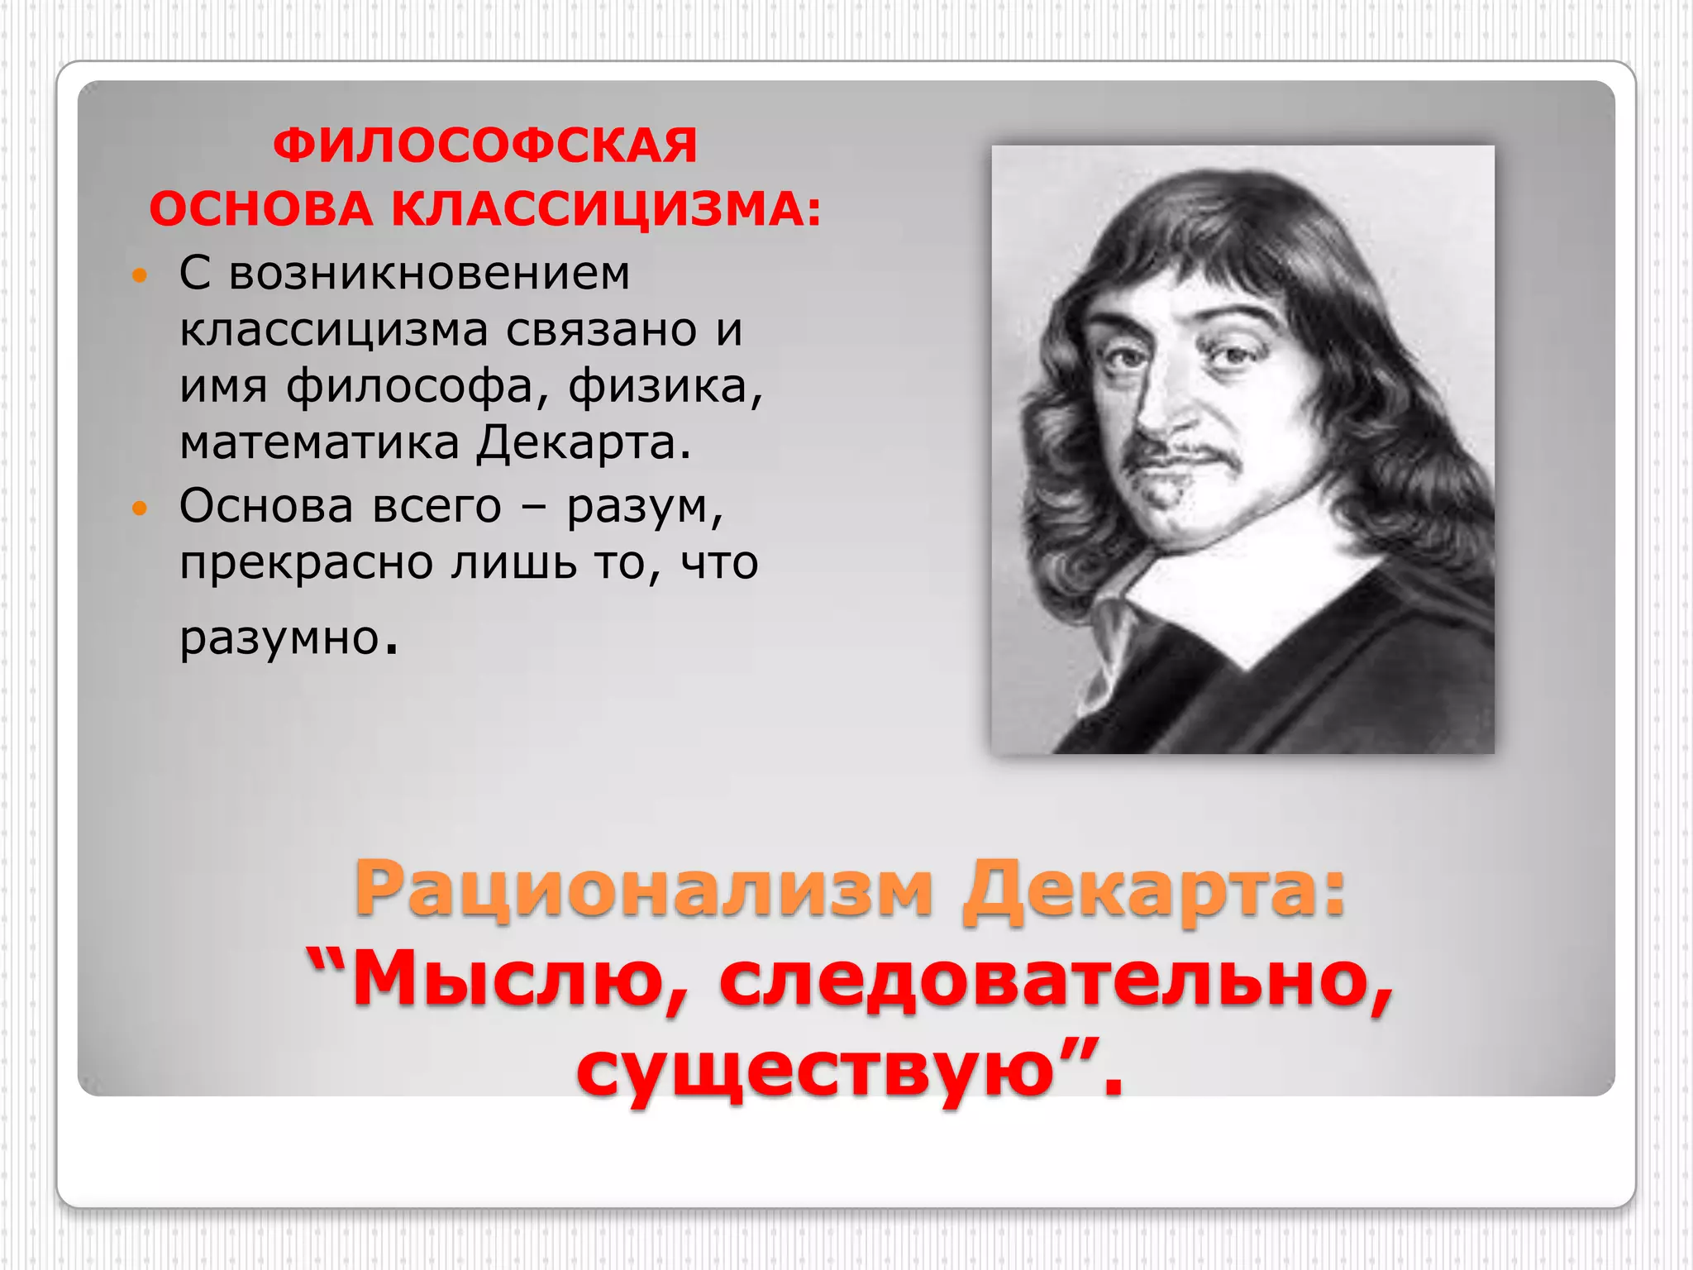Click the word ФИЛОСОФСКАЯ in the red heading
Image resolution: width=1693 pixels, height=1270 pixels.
[x=485, y=146]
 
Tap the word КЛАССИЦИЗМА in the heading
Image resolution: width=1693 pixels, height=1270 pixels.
[x=606, y=208]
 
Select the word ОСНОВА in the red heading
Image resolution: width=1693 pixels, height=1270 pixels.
[x=261, y=208]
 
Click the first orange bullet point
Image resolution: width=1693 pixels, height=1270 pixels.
[x=140, y=275]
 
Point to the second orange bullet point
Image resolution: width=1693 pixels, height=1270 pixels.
[x=140, y=508]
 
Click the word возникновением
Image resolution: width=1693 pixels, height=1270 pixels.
[x=429, y=273]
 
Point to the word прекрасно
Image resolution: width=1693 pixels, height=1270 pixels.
[x=307, y=563]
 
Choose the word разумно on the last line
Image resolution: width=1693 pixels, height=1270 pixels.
[x=281, y=637]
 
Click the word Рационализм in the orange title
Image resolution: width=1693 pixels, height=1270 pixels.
[x=644, y=889]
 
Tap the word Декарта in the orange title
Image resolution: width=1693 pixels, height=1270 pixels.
[x=1154, y=889]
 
